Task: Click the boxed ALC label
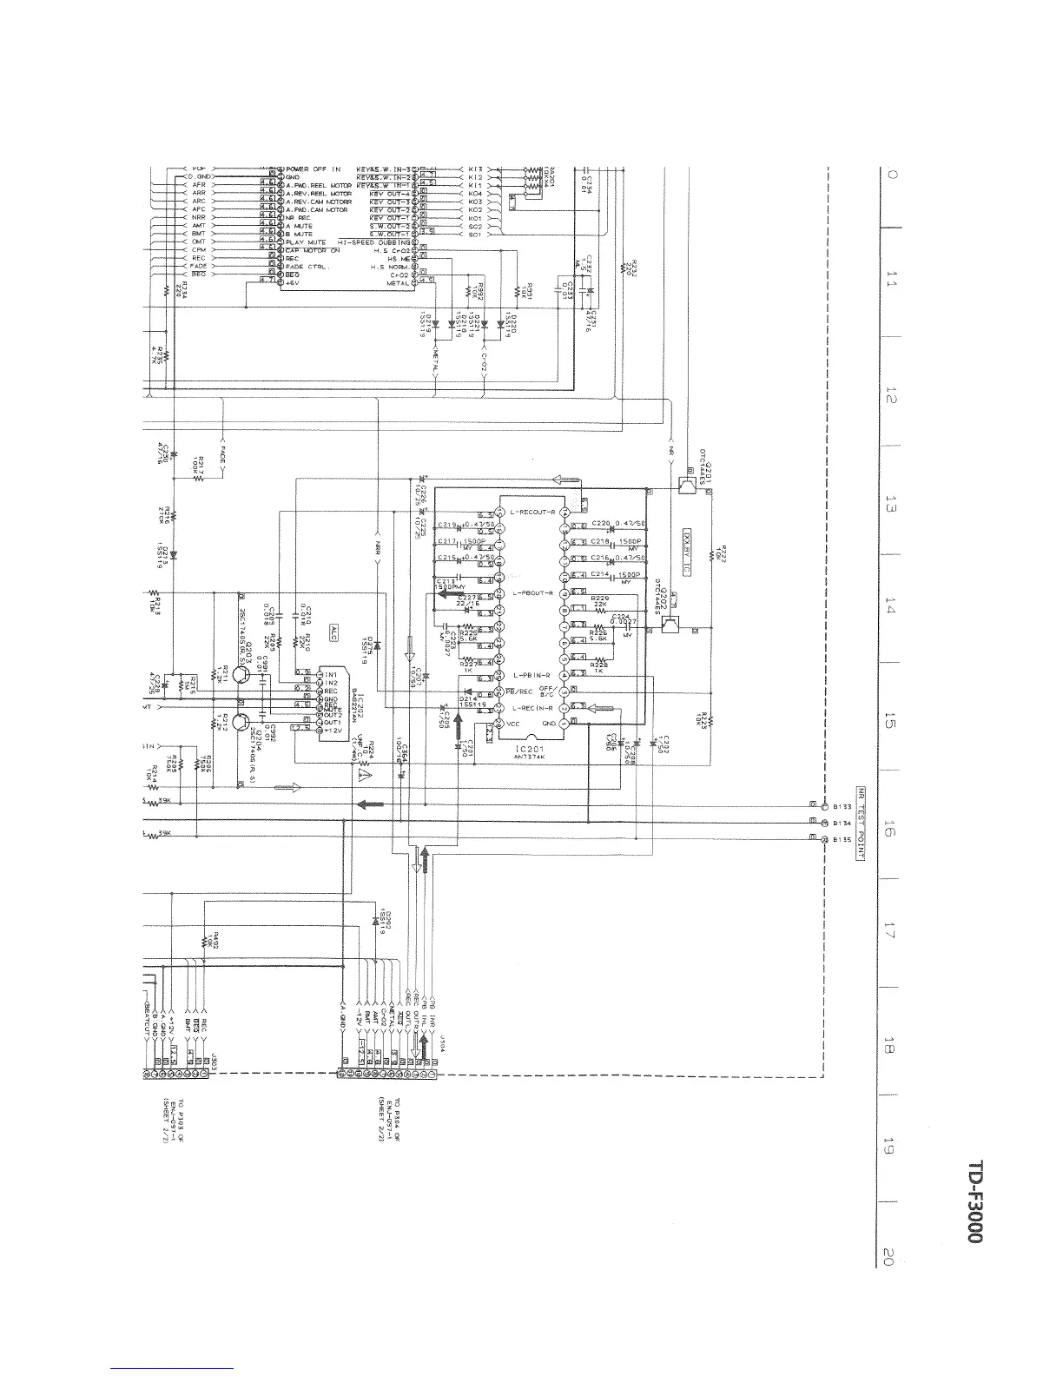333,634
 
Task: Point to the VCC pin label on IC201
513,723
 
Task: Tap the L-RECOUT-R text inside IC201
529,512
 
